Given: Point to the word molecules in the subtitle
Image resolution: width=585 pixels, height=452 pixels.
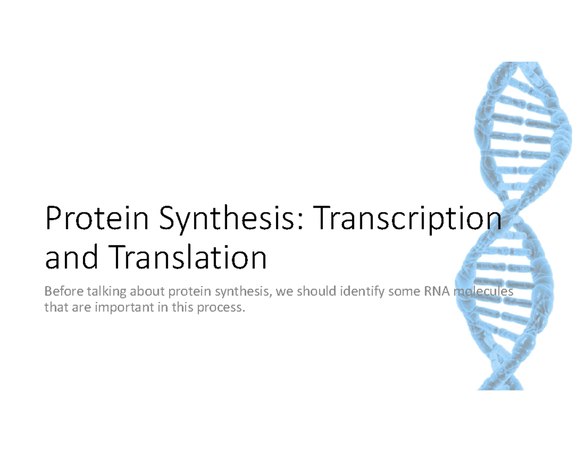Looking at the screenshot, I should point(483,292).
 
